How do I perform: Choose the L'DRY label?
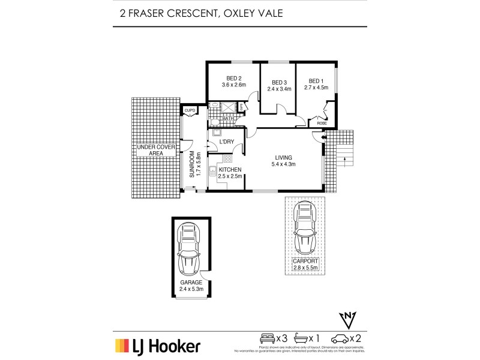pyautogui.click(x=226, y=142)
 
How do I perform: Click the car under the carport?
pyautogui.click(x=305, y=228)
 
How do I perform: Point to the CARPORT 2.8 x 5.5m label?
pyautogui.click(x=305, y=265)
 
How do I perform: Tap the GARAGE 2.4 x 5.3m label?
pyautogui.click(x=191, y=285)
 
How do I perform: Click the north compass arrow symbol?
pyautogui.click(x=349, y=318)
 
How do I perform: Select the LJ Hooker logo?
pyautogui.click(x=157, y=346)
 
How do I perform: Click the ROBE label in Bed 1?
pyautogui.click(x=322, y=124)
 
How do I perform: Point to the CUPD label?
pyautogui.click(x=190, y=110)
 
